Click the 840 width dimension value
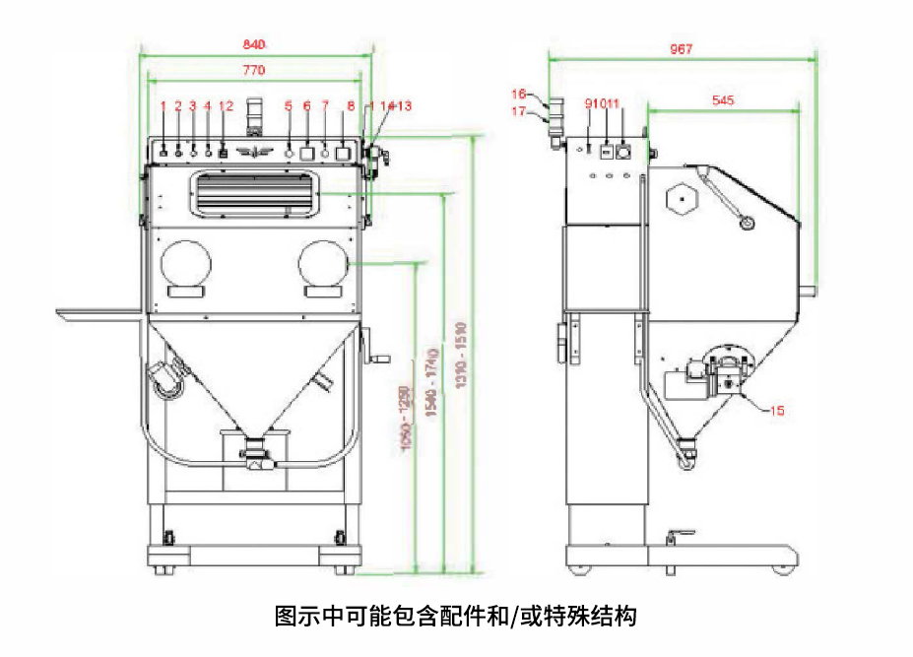(x=254, y=44)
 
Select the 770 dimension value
(x=254, y=70)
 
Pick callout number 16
(x=519, y=94)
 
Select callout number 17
(x=519, y=111)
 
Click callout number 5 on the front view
(x=289, y=104)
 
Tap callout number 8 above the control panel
(x=350, y=104)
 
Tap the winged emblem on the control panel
(x=254, y=152)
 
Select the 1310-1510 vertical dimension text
(x=460, y=355)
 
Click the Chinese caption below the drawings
(x=456, y=617)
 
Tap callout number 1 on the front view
(x=163, y=104)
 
